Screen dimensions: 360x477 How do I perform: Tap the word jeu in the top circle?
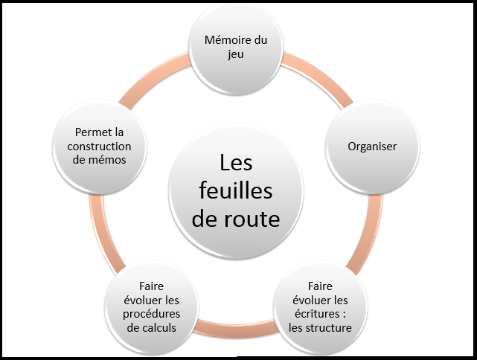236,54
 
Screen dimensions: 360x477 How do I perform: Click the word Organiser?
371,147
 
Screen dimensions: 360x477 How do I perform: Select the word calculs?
161,327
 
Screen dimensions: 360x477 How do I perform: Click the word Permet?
84,132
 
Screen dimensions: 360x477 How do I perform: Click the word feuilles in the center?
237,190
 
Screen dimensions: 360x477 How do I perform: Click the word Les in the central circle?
237,162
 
